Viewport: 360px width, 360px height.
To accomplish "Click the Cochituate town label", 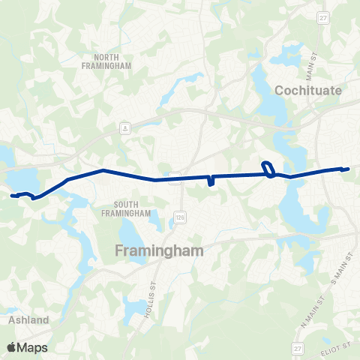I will tap(307, 90).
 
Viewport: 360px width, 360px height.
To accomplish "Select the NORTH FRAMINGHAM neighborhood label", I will tap(112, 61).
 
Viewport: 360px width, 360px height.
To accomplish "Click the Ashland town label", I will tap(28, 319).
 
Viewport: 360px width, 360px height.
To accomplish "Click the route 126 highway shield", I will tap(180, 216).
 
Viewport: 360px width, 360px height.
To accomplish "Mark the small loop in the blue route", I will tap(267, 169).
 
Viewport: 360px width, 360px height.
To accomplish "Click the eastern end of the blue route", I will tap(347, 169).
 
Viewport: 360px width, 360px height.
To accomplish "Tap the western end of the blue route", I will tap(13, 196).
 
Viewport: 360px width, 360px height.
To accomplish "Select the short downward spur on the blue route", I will tap(211, 181).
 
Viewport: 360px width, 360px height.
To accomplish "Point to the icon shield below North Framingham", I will tap(125, 128).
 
